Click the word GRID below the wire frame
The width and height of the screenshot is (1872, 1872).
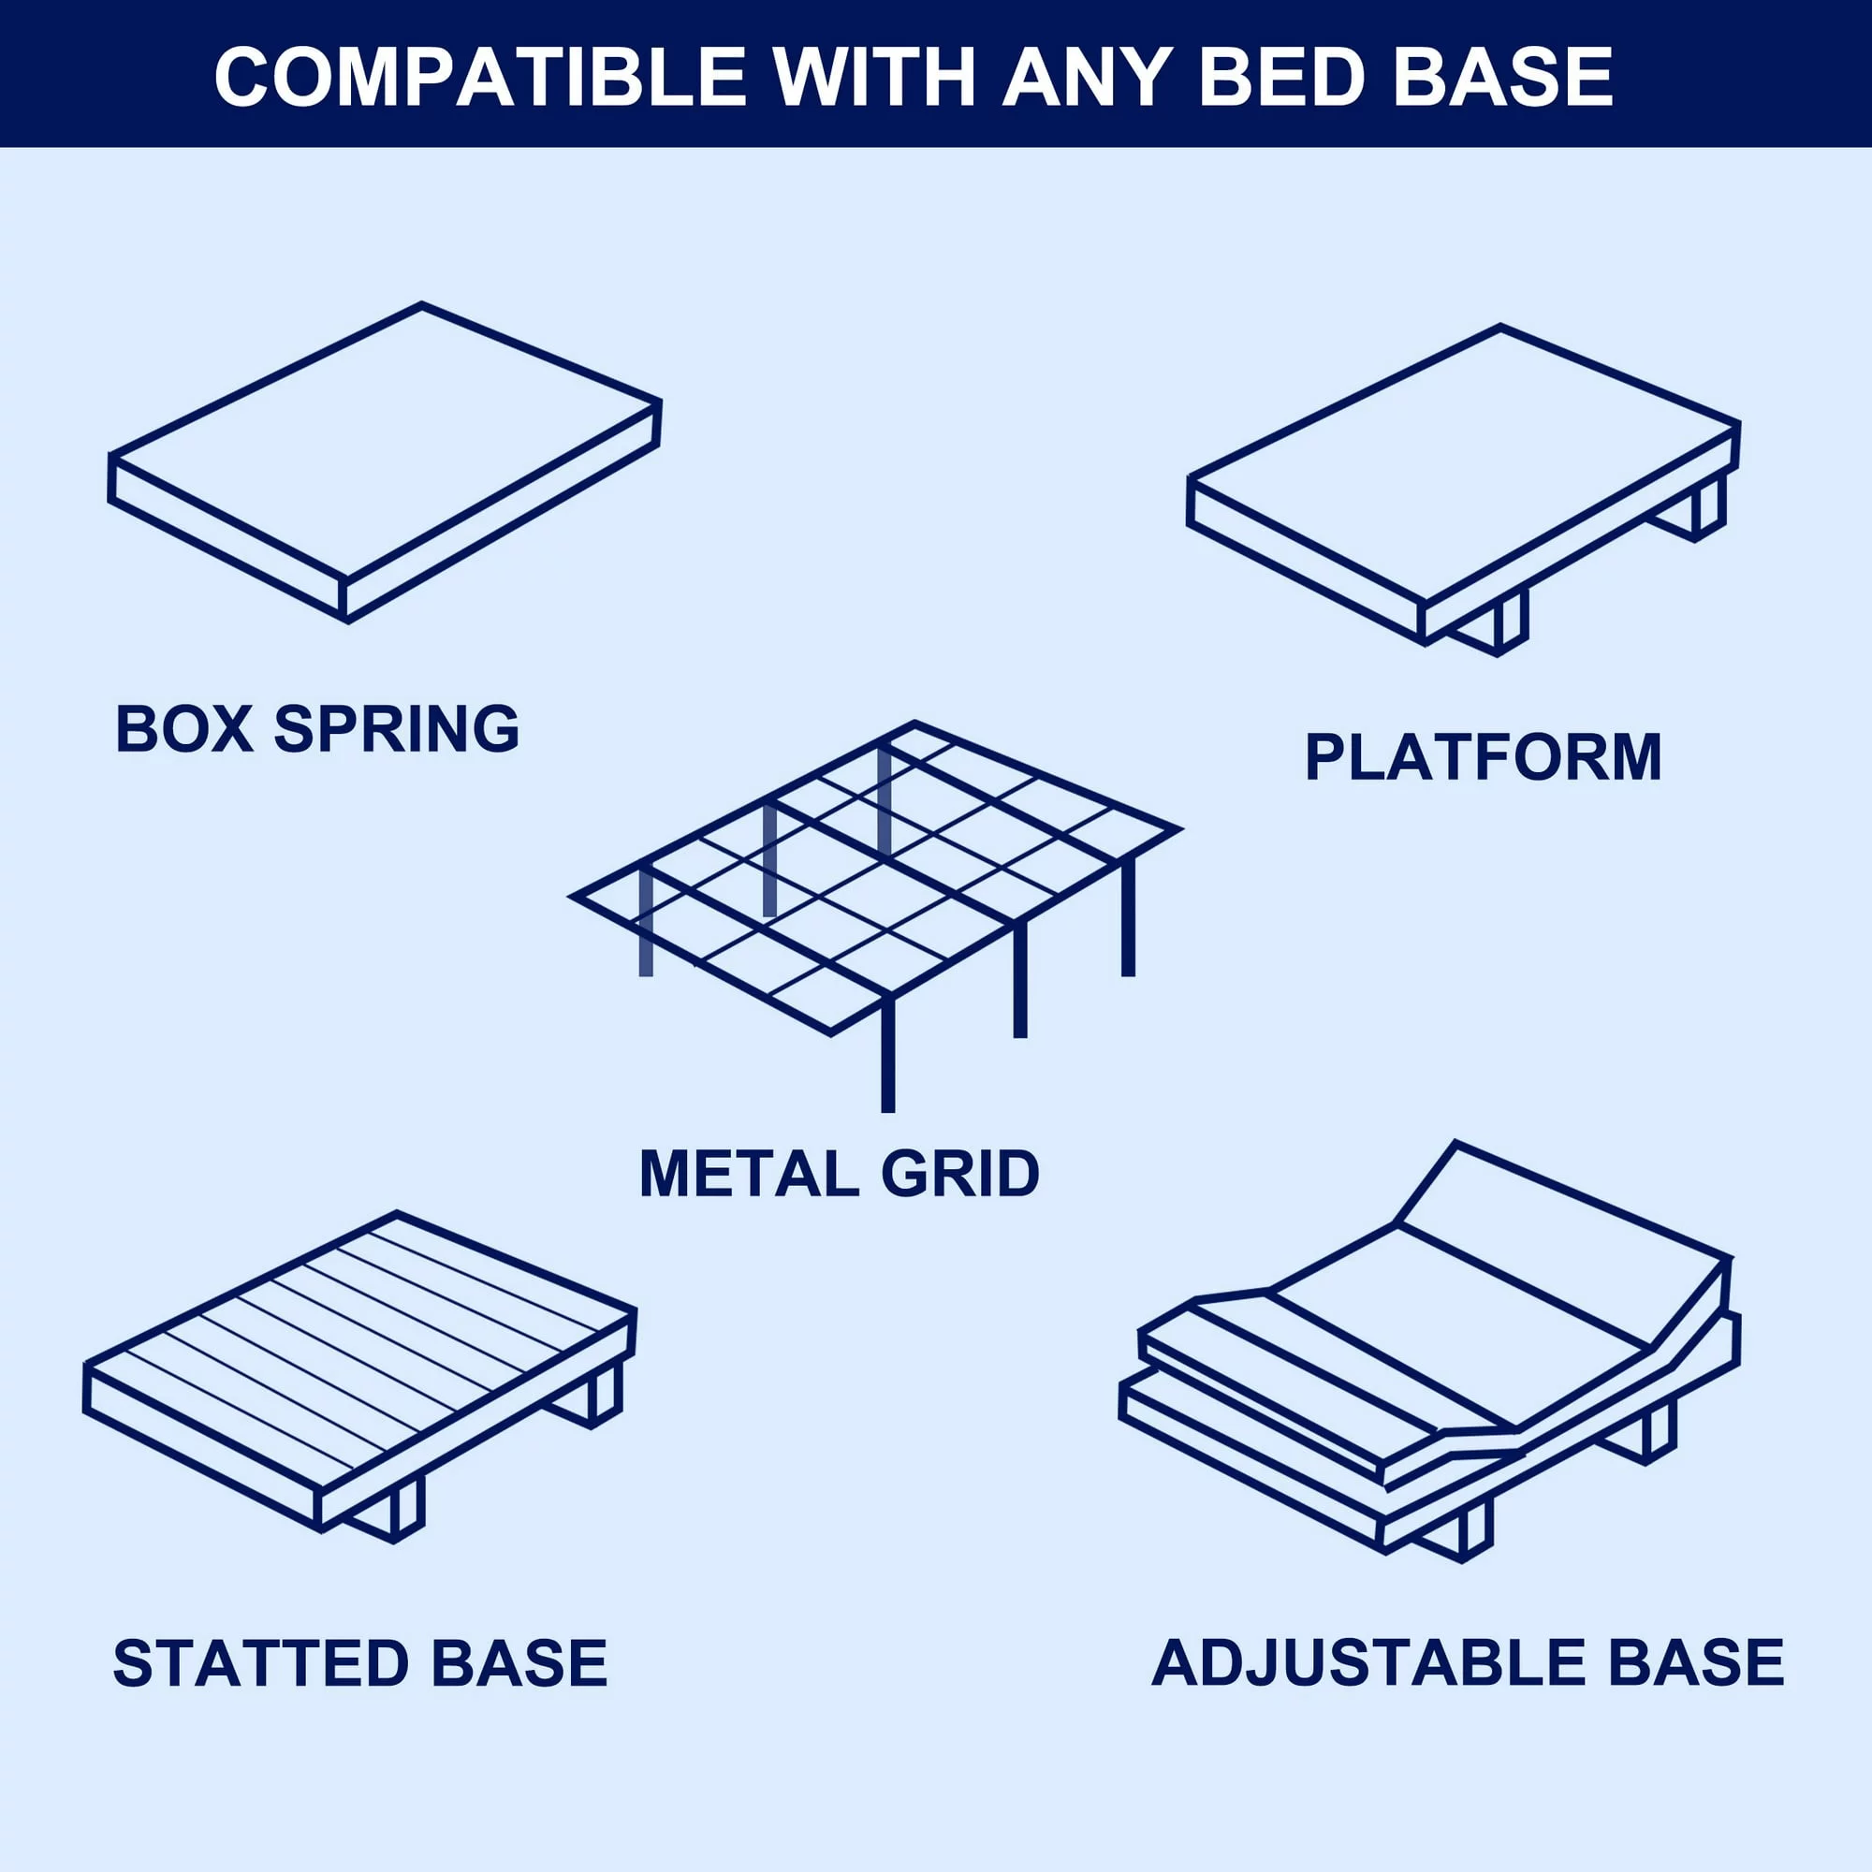[x=960, y=1174]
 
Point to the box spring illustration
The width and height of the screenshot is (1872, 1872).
[x=385, y=462]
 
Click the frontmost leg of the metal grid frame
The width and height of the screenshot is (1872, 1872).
[x=887, y=1054]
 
